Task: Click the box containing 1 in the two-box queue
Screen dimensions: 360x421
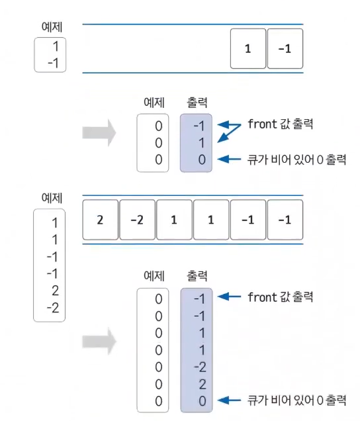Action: [x=247, y=48]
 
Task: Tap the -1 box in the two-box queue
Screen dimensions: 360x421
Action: [x=285, y=48]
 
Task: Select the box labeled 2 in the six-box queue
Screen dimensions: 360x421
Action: [x=100, y=220]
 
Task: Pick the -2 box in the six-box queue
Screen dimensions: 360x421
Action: [x=137, y=220]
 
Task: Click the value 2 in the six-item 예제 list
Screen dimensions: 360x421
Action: [x=55, y=291]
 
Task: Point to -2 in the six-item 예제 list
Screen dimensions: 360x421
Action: [x=53, y=308]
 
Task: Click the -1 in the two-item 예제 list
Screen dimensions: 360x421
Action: [x=53, y=64]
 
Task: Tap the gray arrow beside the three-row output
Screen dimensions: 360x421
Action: [x=99, y=133]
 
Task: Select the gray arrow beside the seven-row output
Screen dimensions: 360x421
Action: [x=99, y=342]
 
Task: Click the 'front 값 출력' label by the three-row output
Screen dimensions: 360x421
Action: [x=281, y=124]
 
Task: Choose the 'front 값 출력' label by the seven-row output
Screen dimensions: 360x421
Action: [x=281, y=297]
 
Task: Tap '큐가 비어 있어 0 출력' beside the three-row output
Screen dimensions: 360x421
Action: [x=296, y=160]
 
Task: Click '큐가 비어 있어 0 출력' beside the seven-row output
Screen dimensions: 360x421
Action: [x=296, y=400]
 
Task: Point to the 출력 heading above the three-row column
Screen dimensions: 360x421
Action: [x=197, y=103]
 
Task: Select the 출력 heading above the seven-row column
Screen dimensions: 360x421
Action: [x=197, y=276]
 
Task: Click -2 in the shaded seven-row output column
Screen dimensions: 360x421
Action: [x=201, y=367]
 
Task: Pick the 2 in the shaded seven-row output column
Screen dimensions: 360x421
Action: [x=202, y=384]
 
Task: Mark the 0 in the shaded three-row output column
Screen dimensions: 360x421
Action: [x=202, y=160]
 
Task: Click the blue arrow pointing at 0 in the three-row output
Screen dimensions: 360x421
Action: [x=229, y=160]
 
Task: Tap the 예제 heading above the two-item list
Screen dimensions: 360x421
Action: [x=52, y=27]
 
